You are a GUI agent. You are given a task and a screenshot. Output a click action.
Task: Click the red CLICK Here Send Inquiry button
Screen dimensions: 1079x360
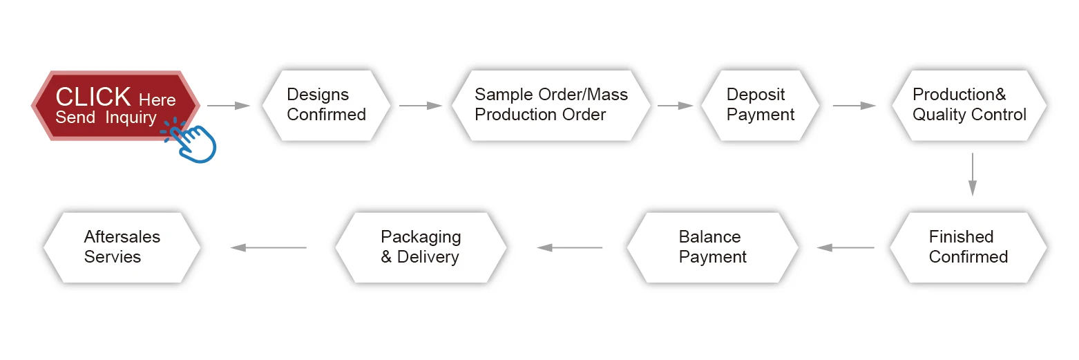115,106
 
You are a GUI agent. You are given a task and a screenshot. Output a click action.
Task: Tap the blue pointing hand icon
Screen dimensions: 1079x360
193,142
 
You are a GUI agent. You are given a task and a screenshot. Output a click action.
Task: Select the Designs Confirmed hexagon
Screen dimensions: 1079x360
326,106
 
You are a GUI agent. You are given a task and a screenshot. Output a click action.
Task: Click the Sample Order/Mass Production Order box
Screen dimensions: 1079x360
551,106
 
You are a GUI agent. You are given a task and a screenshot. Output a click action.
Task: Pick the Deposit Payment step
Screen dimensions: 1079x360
760,106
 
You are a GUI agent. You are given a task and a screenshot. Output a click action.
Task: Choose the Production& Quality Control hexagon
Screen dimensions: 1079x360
969,106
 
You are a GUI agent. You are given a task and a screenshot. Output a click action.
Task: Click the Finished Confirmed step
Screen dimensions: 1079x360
968,247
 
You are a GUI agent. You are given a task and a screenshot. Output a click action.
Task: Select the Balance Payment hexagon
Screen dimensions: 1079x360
712,247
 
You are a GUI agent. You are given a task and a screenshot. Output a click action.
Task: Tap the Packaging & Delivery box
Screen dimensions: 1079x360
421,247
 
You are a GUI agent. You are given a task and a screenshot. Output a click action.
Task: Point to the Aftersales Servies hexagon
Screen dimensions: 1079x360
122,247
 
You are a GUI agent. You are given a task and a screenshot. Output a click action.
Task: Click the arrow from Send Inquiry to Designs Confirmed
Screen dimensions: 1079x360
229,106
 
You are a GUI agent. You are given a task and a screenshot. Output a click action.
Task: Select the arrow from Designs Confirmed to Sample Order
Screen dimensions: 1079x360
421,106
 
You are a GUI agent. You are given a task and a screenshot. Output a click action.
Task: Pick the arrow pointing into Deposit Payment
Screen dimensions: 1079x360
676,106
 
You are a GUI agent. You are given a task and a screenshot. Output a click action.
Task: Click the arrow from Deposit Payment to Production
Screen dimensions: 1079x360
854,106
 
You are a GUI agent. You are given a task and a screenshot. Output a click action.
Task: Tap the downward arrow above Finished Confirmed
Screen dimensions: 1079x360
973,174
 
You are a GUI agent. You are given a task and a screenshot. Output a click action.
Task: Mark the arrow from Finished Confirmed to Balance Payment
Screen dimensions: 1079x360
846,247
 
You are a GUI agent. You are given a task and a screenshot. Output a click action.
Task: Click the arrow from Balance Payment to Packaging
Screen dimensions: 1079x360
570,247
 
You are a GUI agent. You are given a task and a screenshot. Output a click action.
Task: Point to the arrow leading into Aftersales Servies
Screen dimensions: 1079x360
269,247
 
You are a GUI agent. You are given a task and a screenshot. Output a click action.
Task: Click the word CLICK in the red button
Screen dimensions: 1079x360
93,97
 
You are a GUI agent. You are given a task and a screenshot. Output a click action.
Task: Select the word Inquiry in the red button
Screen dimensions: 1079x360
131,118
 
